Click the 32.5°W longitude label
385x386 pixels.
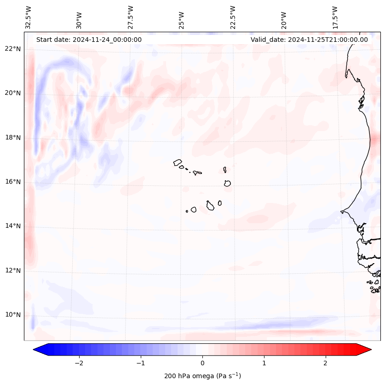[x=29, y=17]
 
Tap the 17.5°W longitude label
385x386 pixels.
[x=335, y=17]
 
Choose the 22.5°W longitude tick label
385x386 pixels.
[x=233, y=17]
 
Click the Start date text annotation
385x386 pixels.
[x=89, y=40]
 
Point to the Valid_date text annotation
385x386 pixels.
[x=309, y=40]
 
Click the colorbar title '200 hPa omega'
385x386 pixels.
[x=202, y=376]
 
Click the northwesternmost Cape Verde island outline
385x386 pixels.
[x=178, y=162]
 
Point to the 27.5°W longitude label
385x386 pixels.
[x=131, y=17]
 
